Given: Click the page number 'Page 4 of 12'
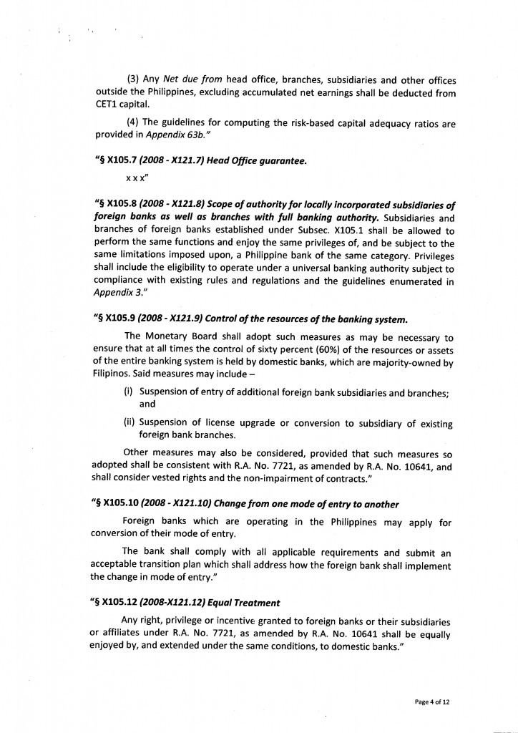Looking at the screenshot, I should [x=432, y=702].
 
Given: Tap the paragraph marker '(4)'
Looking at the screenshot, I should [x=132, y=123].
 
